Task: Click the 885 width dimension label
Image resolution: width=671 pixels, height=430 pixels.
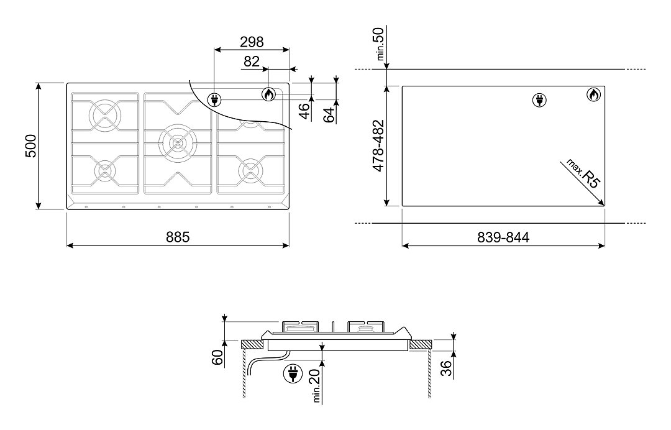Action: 178,237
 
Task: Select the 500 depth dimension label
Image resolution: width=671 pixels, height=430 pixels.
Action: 31,146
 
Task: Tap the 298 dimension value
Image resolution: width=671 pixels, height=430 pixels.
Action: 252,42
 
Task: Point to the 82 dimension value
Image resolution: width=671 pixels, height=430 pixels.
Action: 252,62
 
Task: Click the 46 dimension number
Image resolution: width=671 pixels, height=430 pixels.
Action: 304,111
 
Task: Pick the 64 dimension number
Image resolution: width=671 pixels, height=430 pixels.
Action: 329,115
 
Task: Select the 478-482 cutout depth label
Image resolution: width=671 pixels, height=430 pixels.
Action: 379,146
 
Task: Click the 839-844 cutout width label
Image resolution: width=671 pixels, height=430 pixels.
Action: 503,237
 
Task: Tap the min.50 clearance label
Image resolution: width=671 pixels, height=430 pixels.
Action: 380,43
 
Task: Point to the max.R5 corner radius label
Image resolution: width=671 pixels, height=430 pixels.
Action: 583,173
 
